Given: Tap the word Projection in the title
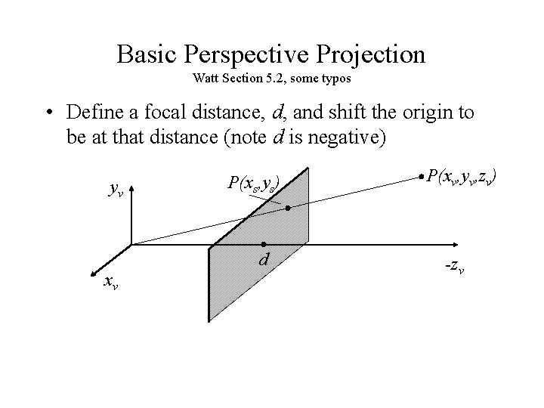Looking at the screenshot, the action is coord(381,55).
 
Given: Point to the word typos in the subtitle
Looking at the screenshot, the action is coord(335,78).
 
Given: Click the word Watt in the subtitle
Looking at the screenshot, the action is coord(206,78).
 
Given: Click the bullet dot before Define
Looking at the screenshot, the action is coord(49,113).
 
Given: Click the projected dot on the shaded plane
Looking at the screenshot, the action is coord(288,207).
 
